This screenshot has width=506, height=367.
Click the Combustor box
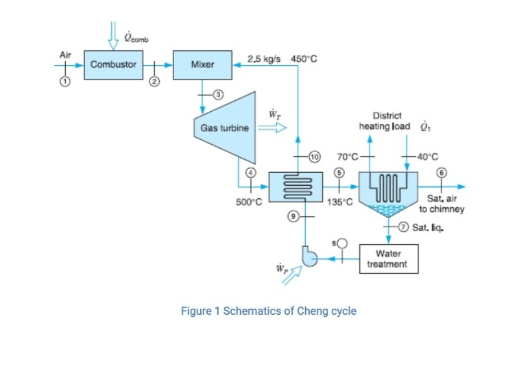pos(112,64)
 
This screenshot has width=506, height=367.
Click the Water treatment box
pos(387,259)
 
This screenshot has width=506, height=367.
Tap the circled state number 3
pos(218,93)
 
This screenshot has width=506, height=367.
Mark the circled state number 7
pos(404,227)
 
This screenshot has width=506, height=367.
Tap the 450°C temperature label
pos(304,58)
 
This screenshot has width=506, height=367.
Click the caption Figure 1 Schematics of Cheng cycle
pos(268,311)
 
